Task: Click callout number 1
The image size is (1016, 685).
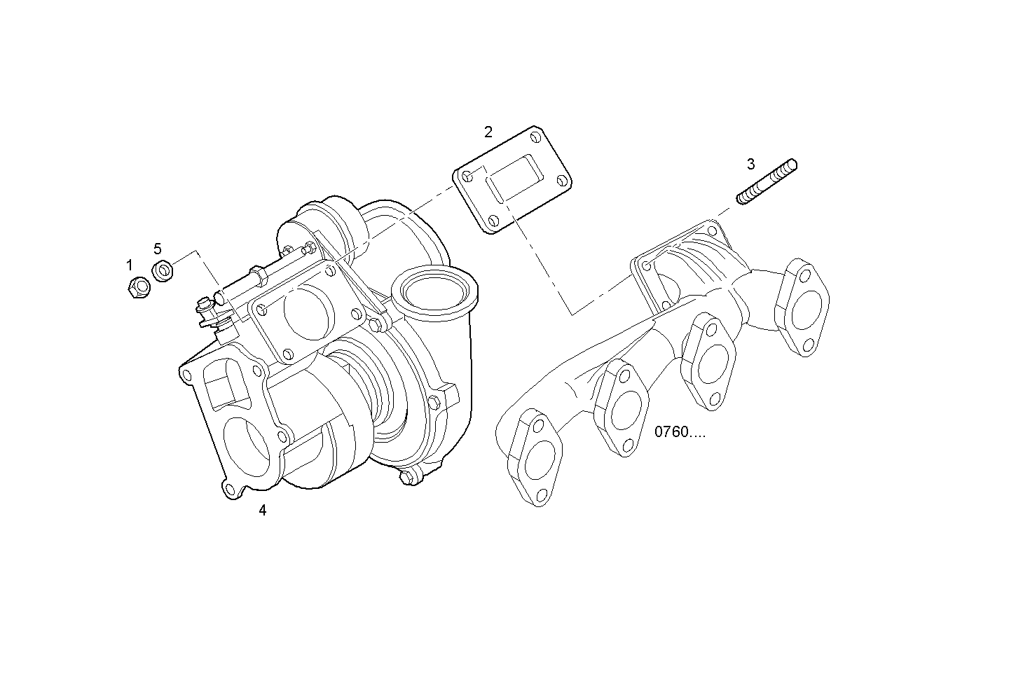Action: click(x=129, y=265)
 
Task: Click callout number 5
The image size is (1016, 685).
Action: click(x=158, y=249)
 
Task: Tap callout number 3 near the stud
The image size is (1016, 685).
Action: click(x=750, y=164)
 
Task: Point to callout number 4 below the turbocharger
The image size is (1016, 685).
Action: click(x=262, y=511)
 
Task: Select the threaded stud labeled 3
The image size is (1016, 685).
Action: click(x=767, y=182)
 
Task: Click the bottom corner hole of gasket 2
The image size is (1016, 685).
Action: click(x=493, y=223)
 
